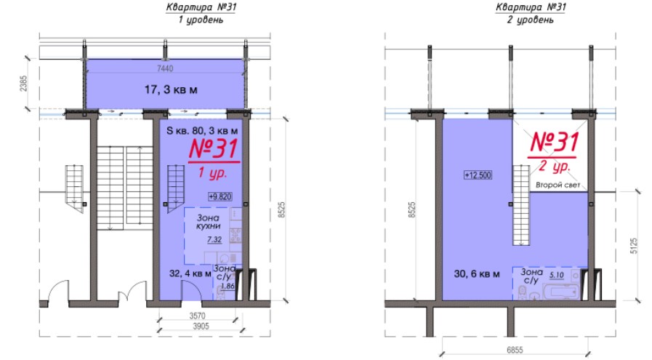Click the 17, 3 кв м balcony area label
[x=171, y=89]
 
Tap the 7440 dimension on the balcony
[x=165, y=68]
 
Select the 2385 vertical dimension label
[x=23, y=83]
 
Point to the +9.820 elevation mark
[x=220, y=196]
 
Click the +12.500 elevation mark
[x=478, y=175]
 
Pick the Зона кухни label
[x=209, y=222]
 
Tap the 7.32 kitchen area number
[x=214, y=239]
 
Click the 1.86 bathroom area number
[x=228, y=286]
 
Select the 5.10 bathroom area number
[x=556, y=275]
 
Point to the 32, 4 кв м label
[x=190, y=273]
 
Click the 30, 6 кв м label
[x=477, y=274]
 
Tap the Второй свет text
[x=558, y=185]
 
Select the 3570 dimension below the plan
[x=197, y=316]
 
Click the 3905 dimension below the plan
[x=201, y=327]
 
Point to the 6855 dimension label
[x=515, y=350]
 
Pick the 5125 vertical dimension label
[x=634, y=246]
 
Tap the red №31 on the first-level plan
[x=214, y=148]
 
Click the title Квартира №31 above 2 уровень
[x=531, y=7]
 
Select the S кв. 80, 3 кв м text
[x=202, y=131]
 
